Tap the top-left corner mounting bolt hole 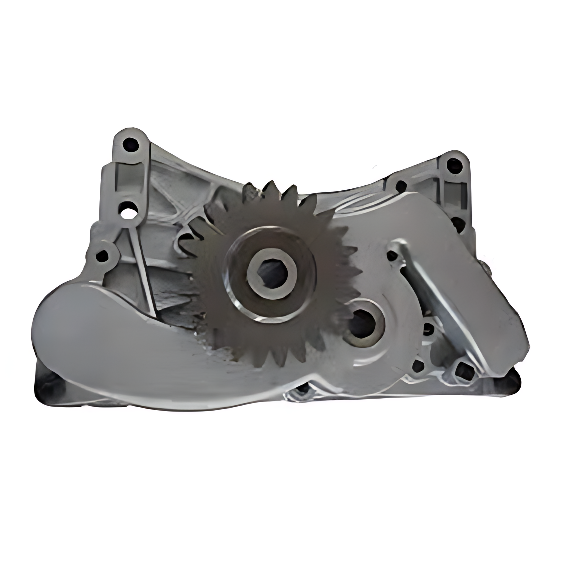[x=130, y=145]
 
